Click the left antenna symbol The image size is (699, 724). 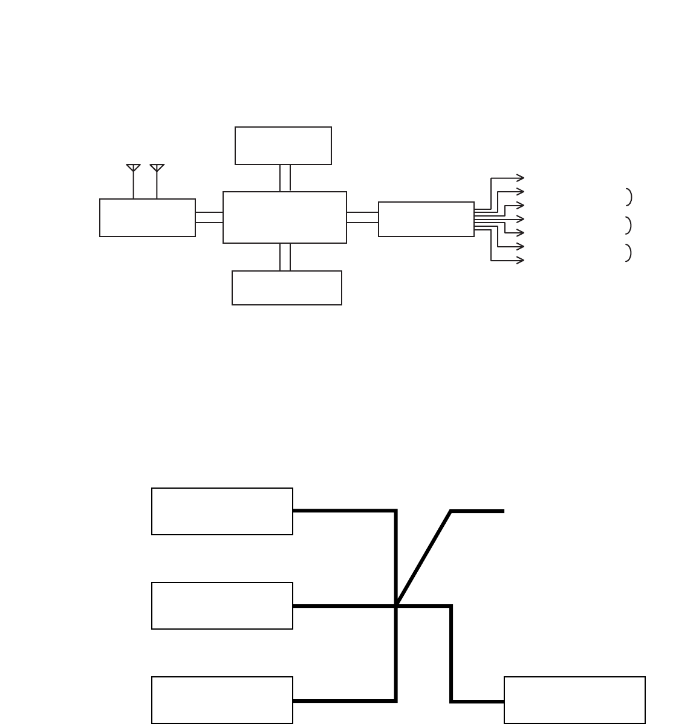(x=133, y=168)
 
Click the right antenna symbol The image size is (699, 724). (x=157, y=168)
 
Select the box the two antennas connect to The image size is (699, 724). (x=148, y=218)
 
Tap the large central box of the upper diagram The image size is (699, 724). (x=284, y=218)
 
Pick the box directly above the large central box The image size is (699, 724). (x=283, y=146)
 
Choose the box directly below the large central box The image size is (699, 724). (x=287, y=288)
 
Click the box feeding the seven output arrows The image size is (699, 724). (x=426, y=219)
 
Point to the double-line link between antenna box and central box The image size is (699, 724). (x=209, y=218)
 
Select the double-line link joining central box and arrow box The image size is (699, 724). (x=362, y=218)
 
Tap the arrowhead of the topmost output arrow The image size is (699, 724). (x=521, y=178)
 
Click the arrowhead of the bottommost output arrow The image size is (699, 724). (x=521, y=261)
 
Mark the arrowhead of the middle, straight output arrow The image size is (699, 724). (x=521, y=219)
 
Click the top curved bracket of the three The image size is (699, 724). (x=629, y=197)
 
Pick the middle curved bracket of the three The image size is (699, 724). (x=629, y=225)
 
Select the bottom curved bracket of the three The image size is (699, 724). (x=629, y=253)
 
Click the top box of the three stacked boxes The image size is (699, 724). (x=222, y=511)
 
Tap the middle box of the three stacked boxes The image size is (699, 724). (x=222, y=605)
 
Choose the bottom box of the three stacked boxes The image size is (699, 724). (x=222, y=700)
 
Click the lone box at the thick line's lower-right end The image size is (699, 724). (x=574, y=700)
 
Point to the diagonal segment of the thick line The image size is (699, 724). (x=423, y=558)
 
